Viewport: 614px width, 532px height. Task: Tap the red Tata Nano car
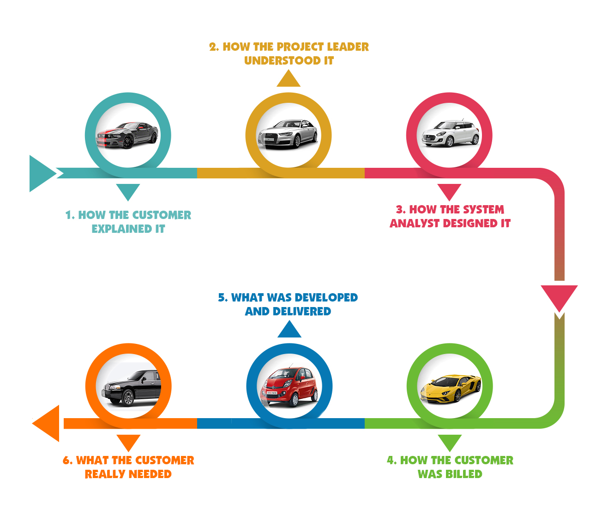point(289,387)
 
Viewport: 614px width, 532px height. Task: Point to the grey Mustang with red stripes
point(127,135)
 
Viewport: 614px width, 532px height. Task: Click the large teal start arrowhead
point(41,173)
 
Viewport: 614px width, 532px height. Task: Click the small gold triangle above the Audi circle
point(289,80)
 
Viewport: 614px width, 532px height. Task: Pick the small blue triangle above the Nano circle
point(289,331)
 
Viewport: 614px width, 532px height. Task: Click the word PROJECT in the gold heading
point(300,47)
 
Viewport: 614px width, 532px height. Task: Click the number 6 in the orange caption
point(67,461)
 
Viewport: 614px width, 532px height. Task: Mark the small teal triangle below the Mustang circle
point(128,191)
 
